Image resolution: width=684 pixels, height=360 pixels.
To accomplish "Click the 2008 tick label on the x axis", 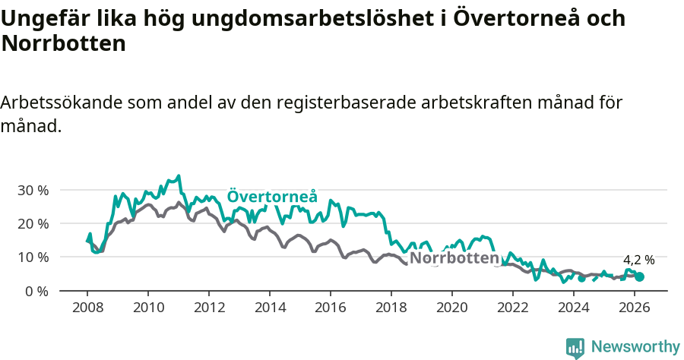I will (87, 308).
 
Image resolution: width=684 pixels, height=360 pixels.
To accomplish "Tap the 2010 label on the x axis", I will (148, 308).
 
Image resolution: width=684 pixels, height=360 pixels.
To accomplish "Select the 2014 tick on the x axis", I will (270, 308).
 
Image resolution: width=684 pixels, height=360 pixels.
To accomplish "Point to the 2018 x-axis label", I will (391, 308).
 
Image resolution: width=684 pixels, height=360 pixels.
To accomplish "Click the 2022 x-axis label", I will (513, 308).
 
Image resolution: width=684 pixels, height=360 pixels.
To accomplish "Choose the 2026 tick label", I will (635, 308).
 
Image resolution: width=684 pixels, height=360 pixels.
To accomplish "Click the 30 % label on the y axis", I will (33, 190).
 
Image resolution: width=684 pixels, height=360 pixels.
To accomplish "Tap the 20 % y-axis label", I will (33, 223).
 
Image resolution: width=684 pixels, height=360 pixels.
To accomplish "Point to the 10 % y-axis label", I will (33, 257).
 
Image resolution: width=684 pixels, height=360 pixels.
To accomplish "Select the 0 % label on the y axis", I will (36, 291).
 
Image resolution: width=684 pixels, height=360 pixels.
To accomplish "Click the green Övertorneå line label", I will (272, 196).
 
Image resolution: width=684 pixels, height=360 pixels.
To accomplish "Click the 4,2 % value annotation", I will (638, 260).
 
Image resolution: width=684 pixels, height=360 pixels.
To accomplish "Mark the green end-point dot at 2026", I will (639, 277).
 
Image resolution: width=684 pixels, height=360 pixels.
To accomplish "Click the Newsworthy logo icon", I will (575, 348).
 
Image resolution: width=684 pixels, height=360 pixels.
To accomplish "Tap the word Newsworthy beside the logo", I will (635, 347).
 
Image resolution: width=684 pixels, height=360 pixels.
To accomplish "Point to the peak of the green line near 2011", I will (179, 176).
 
